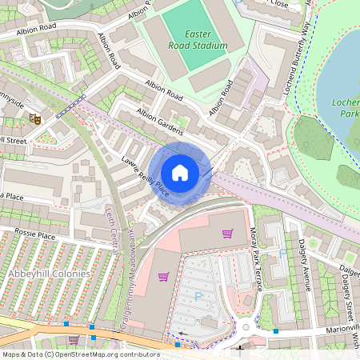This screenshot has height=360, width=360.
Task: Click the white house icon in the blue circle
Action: point(180,172)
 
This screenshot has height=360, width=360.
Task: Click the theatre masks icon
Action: point(35,118)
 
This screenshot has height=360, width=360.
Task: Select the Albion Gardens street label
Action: point(160,121)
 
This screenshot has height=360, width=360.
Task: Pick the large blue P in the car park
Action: point(199,296)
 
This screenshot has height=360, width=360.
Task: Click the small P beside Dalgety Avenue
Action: point(282,254)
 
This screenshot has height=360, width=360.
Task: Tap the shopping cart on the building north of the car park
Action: point(227,234)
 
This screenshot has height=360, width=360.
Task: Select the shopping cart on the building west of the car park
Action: point(163,277)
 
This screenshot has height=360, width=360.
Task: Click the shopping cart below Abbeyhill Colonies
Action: point(74,338)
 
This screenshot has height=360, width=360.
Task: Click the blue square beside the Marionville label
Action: point(276,330)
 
